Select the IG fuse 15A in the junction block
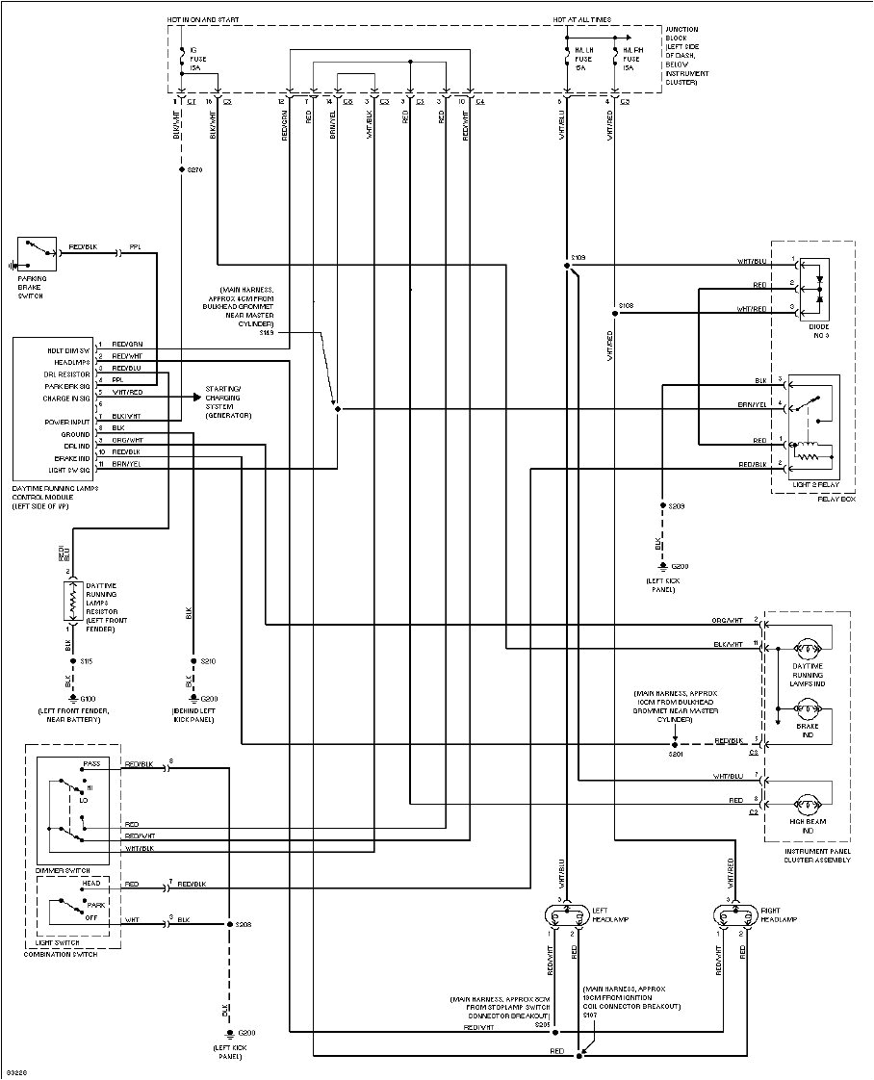pyautogui.click(x=181, y=59)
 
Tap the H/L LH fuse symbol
pyautogui.click(x=567, y=59)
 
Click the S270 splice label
pyautogui.click(x=195, y=169)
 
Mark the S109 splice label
pyautogui.click(x=578, y=257)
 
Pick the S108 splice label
pyautogui.click(x=625, y=305)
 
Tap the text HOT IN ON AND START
pyautogui.click(x=203, y=19)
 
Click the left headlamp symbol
pyautogui.click(x=567, y=915)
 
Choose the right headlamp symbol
pyautogui.click(x=731, y=915)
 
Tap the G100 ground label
pyautogui.click(x=88, y=698)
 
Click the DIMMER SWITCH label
pyautogui.click(x=56, y=869)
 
